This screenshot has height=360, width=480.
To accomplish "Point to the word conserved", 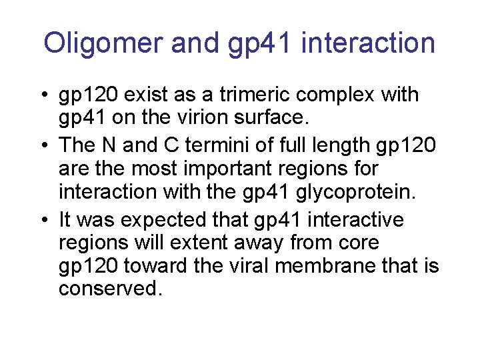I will click(110, 290).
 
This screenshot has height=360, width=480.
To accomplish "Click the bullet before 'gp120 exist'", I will click(42, 95).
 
